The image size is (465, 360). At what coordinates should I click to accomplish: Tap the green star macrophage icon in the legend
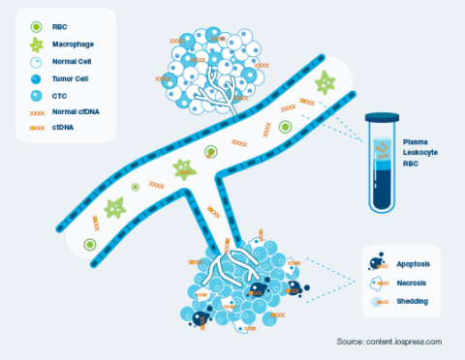pos(36,46)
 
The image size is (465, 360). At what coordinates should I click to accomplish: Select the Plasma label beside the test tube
pos(414,142)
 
